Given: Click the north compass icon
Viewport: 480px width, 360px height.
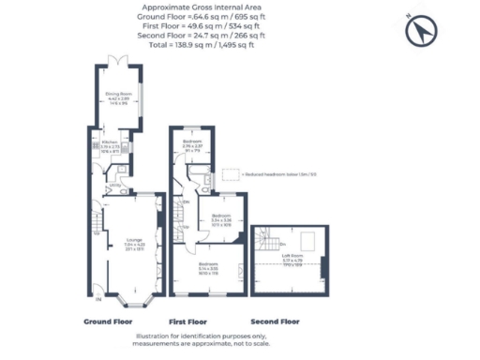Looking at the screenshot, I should pos(419,32).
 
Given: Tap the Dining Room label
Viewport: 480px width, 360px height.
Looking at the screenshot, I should pos(118,96).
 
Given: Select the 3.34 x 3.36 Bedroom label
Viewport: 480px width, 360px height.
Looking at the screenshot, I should pos(221,219).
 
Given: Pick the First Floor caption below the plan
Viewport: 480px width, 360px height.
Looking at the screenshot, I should pos(187,321).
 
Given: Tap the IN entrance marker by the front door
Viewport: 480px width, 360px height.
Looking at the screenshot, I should pos(98,299).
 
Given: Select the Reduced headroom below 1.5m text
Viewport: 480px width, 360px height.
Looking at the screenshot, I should pos(279,174).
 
